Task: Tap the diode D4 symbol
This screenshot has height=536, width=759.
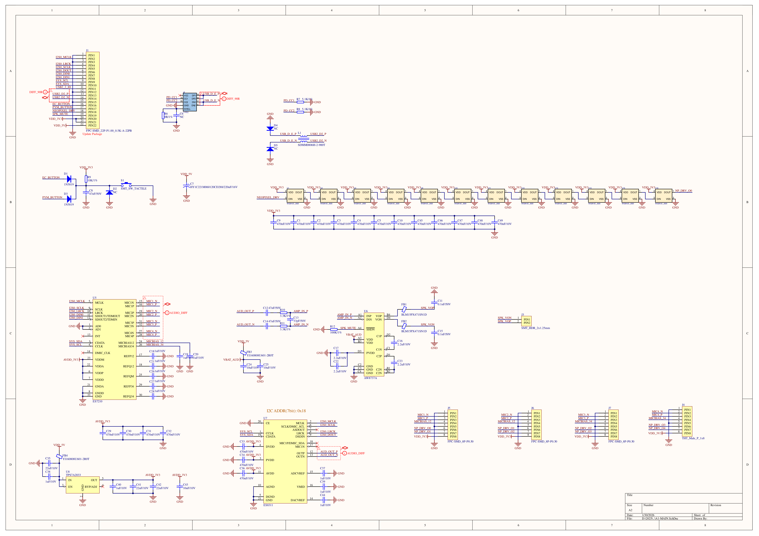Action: (270, 128)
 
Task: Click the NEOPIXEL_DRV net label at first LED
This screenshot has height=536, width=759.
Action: (268, 197)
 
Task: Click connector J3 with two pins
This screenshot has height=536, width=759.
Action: (526, 321)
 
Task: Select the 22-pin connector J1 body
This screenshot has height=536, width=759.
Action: (93, 90)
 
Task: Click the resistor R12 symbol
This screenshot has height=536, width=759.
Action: (334, 329)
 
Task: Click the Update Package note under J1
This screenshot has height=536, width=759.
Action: (92, 134)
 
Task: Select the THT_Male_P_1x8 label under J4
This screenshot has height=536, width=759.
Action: (693, 438)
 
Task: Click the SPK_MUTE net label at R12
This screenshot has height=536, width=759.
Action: (348, 328)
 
